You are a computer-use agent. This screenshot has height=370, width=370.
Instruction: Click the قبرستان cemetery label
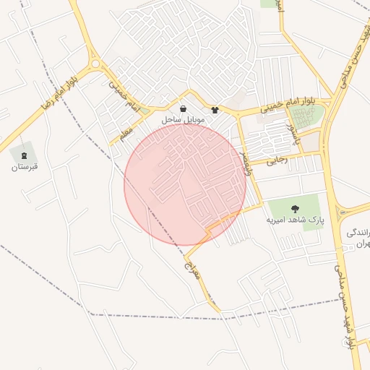24,167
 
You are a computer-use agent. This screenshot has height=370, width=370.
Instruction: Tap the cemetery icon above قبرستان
24,154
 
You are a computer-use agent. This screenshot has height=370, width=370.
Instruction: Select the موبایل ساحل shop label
185,118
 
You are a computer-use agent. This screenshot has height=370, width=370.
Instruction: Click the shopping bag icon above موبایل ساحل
184,107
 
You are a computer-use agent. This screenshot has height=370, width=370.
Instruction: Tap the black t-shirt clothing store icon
215,111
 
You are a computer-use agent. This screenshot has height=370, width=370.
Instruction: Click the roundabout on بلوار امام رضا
95,64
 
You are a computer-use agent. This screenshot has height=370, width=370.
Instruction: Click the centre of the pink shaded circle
185,184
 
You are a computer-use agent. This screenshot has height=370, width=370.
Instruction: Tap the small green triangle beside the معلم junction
145,111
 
